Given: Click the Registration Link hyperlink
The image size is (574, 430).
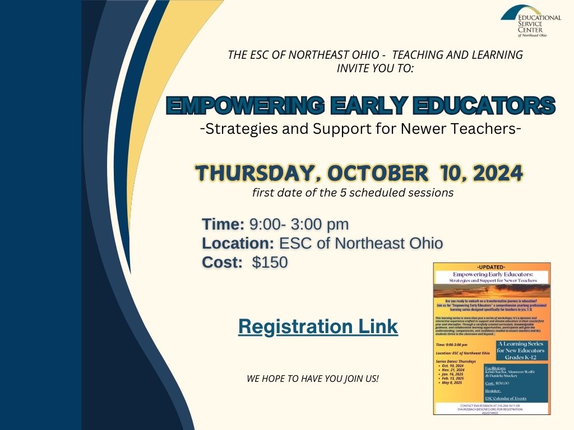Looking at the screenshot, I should [318, 326].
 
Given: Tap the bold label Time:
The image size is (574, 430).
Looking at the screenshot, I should [223, 225].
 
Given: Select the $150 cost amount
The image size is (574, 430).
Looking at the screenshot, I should [270, 262].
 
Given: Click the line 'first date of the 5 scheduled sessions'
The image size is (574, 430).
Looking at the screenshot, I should [353, 193].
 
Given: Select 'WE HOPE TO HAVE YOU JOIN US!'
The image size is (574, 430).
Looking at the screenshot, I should [313, 379].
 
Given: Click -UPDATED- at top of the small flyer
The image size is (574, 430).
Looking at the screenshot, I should [492, 267].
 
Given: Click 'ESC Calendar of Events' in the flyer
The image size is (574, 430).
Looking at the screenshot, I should [507, 398].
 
